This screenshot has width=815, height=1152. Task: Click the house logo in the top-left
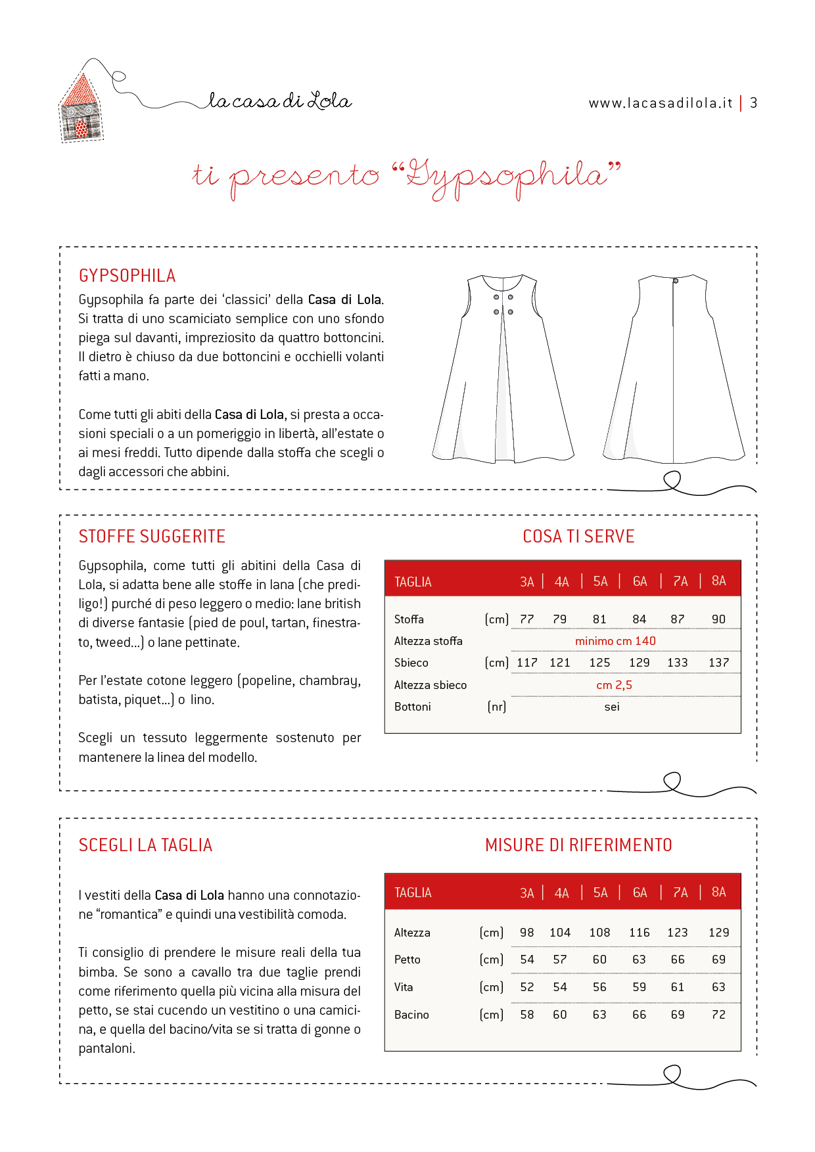81,108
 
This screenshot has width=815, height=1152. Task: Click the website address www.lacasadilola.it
660,103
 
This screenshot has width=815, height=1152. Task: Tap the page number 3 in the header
754,103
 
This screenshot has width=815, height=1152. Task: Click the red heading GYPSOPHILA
127,276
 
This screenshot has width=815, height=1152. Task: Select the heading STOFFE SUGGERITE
152,537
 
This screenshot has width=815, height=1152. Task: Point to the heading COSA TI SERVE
578,537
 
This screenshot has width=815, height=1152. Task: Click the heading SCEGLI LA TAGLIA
145,845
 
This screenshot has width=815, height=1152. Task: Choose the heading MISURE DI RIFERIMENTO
578,845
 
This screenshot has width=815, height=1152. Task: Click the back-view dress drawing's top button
675,281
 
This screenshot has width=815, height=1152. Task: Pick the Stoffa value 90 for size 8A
718,619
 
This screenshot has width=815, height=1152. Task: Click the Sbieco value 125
599,663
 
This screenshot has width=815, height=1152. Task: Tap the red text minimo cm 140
615,641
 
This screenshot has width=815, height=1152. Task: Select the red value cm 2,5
614,685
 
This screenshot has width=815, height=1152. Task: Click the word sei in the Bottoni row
612,707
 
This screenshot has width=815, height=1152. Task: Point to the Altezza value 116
639,933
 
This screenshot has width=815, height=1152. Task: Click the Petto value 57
560,960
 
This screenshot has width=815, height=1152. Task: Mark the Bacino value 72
718,1015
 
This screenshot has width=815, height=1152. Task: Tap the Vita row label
404,987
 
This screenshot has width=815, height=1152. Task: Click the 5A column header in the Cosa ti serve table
600,581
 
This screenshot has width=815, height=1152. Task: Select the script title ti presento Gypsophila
407,177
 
